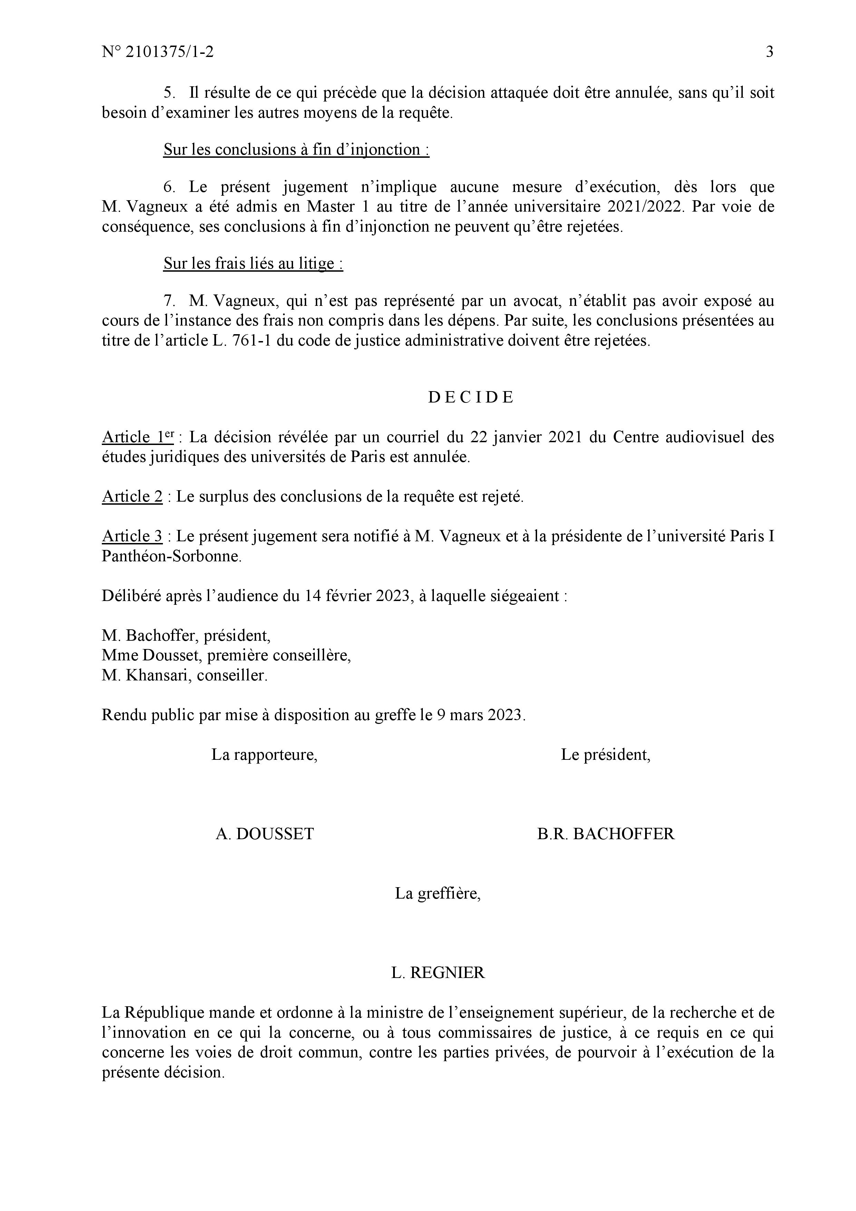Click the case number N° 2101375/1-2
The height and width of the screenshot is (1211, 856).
158,52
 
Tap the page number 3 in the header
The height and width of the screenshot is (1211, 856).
769,52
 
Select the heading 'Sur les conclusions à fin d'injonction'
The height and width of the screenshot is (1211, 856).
296,150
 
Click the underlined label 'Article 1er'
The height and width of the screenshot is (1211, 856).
138,437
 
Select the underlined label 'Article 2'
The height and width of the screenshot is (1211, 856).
132,496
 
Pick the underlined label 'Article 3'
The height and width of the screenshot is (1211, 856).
132,536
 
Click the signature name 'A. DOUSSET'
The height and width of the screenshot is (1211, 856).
265,834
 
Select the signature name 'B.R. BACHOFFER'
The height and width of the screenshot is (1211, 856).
605,834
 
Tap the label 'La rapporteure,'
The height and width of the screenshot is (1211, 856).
264,755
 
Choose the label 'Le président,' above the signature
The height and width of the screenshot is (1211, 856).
605,755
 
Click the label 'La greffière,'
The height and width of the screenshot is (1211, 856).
438,893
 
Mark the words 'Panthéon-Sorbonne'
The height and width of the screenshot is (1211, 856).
172,556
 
